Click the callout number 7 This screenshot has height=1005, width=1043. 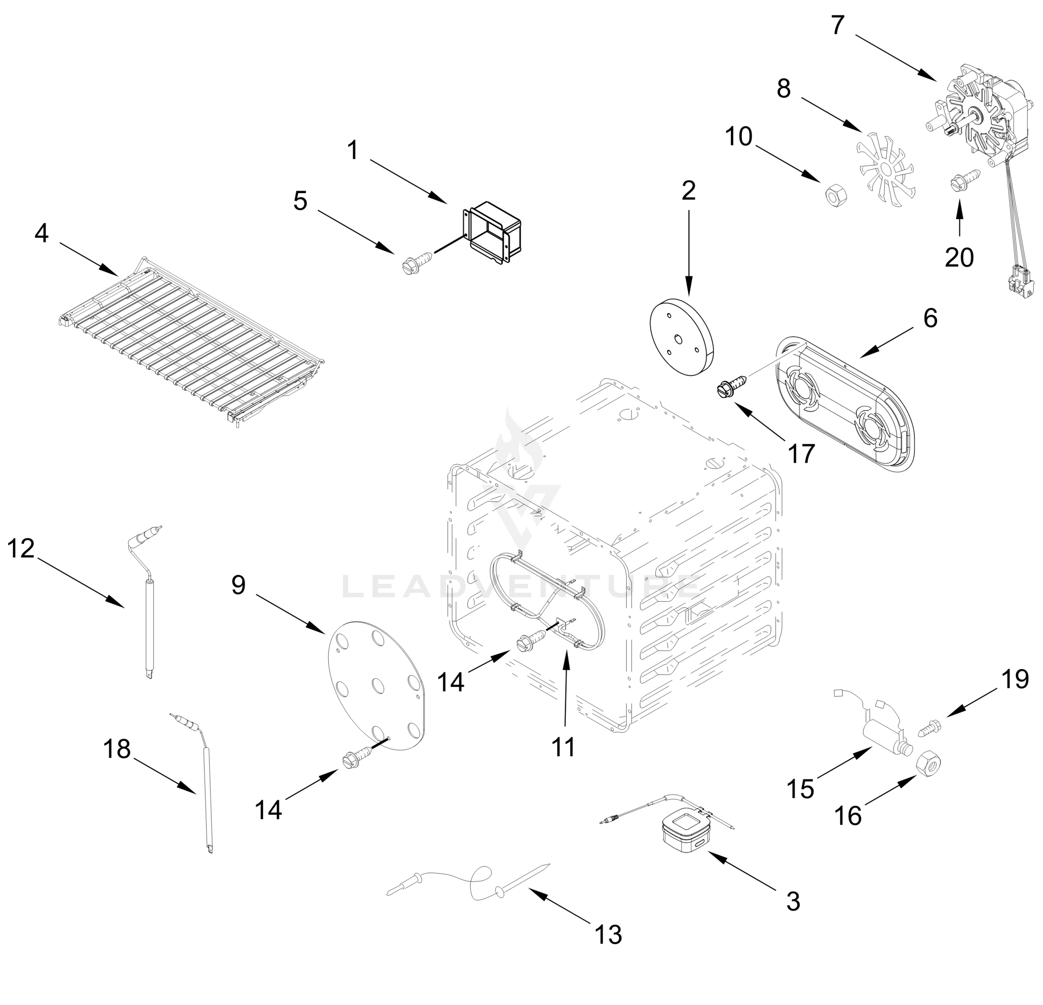838,26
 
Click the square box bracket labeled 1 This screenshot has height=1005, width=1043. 492,232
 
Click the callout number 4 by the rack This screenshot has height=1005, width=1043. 41,233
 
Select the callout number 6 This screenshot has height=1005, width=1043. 930,318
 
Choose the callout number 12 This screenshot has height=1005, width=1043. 21,549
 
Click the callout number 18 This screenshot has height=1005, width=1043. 116,749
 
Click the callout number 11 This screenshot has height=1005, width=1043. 563,747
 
